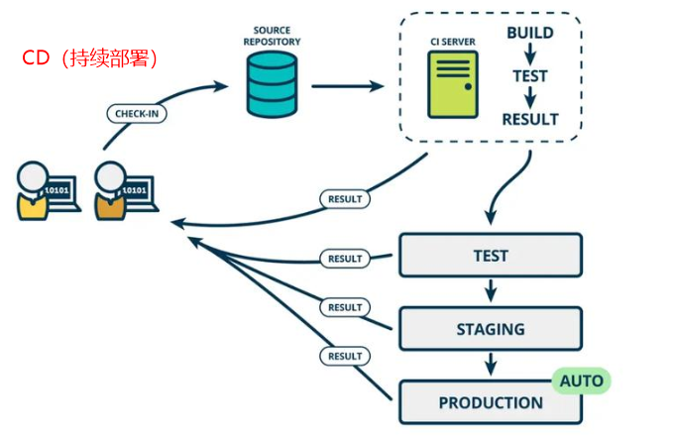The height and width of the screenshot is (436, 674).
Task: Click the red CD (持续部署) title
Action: [90, 58]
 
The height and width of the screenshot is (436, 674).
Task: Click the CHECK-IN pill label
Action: [136, 113]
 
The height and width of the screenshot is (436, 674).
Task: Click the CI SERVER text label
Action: [452, 42]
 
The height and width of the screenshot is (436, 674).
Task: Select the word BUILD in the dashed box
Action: [529, 34]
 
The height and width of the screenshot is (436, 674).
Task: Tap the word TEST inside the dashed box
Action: [529, 75]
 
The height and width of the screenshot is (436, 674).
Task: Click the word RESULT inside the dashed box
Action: [529, 119]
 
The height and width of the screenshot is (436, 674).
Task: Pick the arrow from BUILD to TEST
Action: [529, 54]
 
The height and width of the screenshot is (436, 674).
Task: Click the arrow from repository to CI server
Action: [346, 85]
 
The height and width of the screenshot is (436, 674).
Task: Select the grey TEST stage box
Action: [490, 256]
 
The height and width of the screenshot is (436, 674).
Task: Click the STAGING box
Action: [490, 328]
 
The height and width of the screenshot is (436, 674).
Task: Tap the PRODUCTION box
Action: [490, 402]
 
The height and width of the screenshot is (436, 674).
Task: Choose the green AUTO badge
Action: [581, 381]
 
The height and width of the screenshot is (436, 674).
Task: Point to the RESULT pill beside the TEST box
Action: [348, 258]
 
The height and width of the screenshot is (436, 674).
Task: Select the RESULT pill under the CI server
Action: [345, 199]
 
